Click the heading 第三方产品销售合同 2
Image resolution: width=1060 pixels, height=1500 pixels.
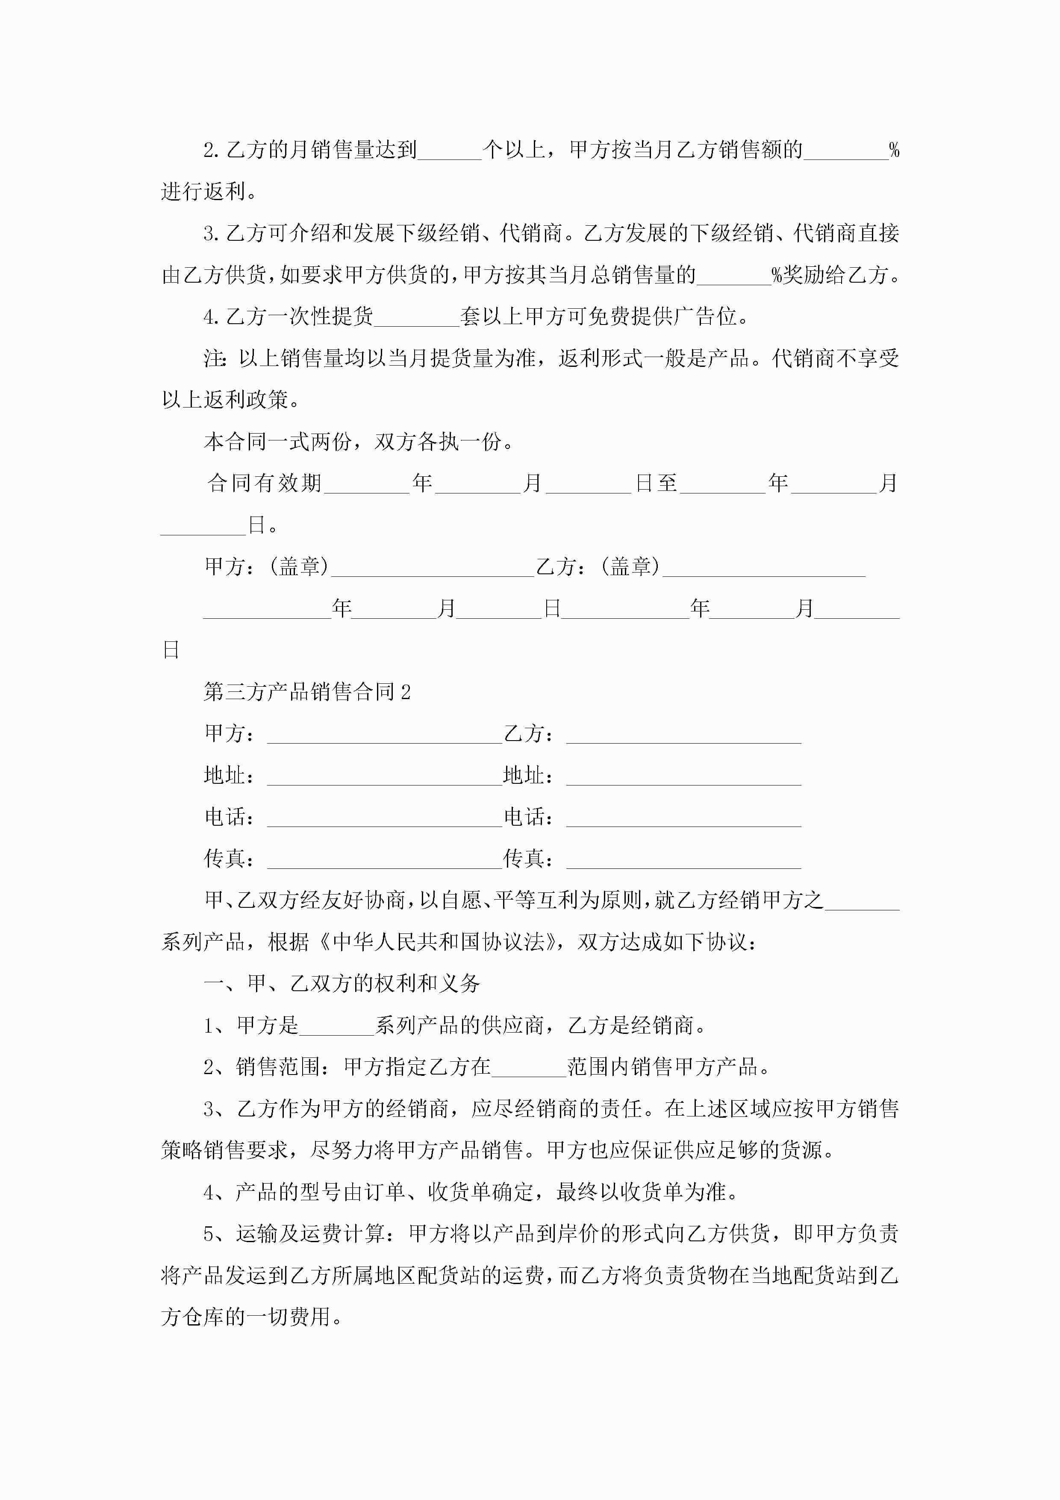click(x=307, y=691)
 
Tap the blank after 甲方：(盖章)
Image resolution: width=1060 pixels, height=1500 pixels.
click(x=433, y=567)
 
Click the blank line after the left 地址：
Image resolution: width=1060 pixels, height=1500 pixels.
click(x=384, y=776)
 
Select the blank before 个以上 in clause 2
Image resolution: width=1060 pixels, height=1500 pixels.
click(x=449, y=151)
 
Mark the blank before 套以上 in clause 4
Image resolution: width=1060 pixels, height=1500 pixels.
click(x=417, y=318)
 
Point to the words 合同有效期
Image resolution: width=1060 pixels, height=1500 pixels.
click(x=265, y=484)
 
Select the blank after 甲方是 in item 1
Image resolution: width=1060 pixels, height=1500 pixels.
click(x=336, y=1026)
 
